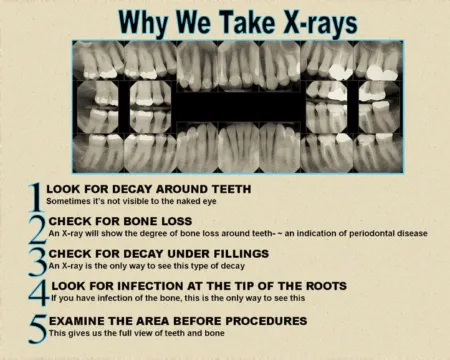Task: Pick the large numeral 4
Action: pyautogui.click(x=37, y=293)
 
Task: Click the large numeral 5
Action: pyautogui.click(x=37, y=327)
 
